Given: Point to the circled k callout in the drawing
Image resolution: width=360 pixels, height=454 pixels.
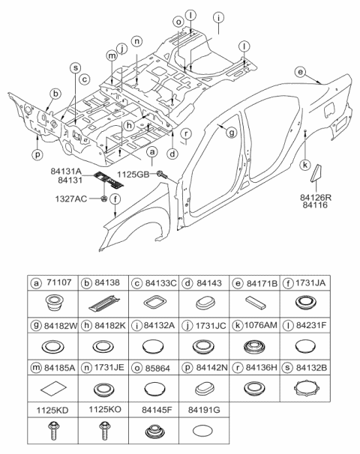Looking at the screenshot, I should pyautogui.click(x=306, y=164).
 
